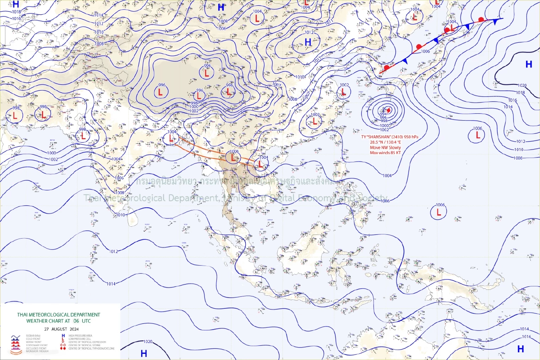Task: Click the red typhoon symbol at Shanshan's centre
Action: (x=389, y=110)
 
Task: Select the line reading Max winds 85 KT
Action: (x=385, y=153)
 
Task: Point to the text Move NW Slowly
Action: (x=385, y=147)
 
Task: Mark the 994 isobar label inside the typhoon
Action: (x=383, y=114)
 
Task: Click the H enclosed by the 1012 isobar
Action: (x=308, y=42)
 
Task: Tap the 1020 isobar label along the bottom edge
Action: (x=148, y=342)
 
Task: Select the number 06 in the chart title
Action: (x=76, y=321)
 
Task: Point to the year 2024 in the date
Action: (x=74, y=329)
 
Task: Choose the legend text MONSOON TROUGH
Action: (x=37, y=351)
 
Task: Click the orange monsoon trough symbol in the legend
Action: (x=15, y=352)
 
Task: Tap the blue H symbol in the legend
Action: (x=63, y=336)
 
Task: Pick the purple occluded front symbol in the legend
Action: (x=15, y=348)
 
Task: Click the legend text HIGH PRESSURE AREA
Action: (x=80, y=336)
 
